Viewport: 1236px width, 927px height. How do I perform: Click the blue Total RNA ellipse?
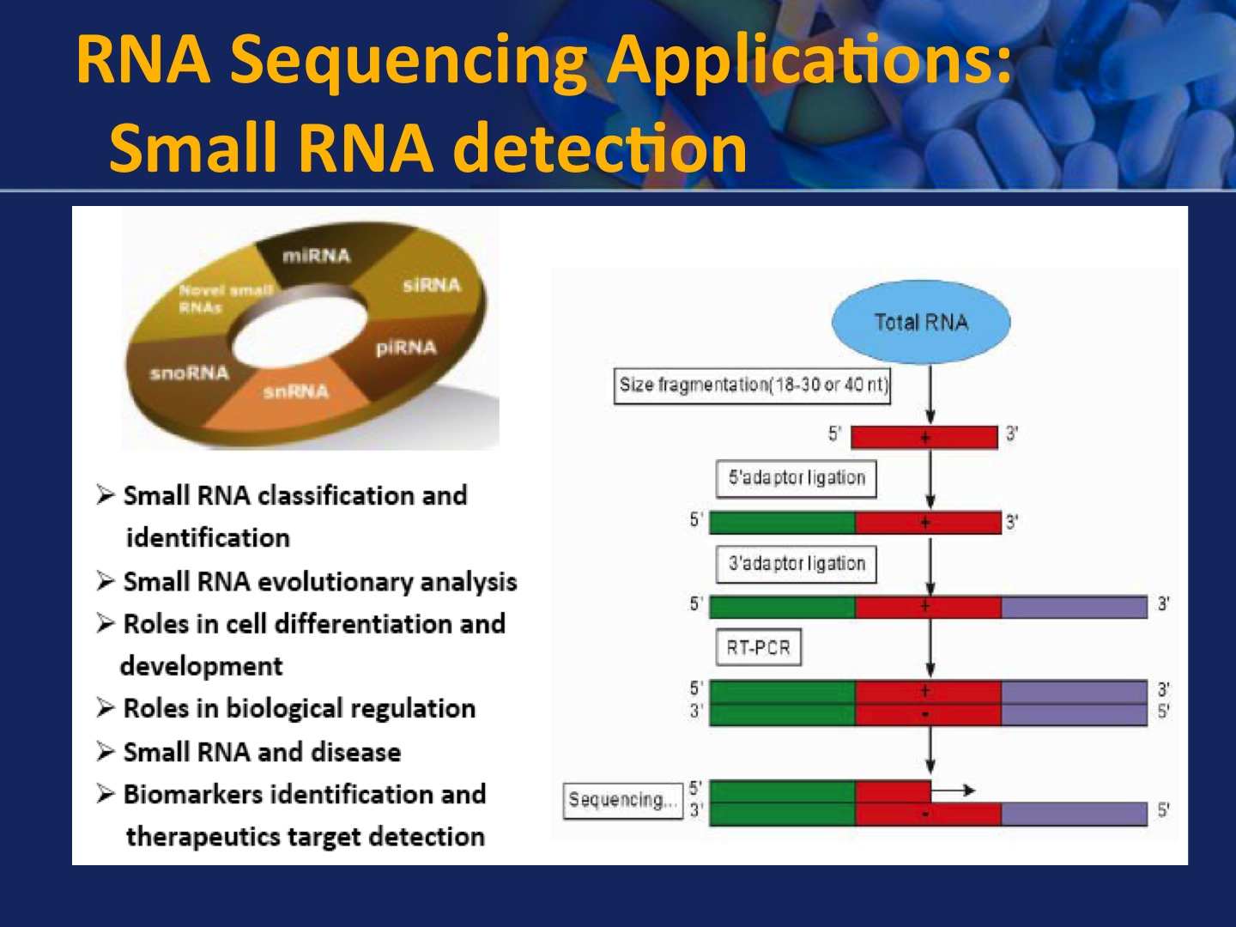pyautogui.click(x=921, y=322)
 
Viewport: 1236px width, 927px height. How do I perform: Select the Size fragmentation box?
pyautogui.click(x=754, y=385)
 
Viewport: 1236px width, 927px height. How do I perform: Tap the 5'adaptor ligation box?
pyautogui.click(x=797, y=478)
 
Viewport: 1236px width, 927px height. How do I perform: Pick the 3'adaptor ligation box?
pyautogui.click(x=797, y=564)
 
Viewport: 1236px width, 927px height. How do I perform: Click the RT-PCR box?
pyautogui.click(x=758, y=647)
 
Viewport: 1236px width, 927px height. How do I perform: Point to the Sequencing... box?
pyautogui.click(x=621, y=800)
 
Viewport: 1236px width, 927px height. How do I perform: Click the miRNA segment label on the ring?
pyautogui.click(x=316, y=256)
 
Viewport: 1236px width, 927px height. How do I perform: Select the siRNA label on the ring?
pyautogui.click(x=431, y=285)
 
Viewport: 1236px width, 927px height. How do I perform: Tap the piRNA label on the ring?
pyautogui.click(x=405, y=348)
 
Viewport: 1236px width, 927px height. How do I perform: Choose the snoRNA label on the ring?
pyautogui.click(x=190, y=373)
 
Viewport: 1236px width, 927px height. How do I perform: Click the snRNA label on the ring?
pyautogui.click(x=295, y=392)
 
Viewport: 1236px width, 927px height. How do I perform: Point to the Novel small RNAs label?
pyautogui.click(x=223, y=299)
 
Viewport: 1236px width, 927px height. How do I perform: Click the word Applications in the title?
pyautogui.click(x=809, y=60)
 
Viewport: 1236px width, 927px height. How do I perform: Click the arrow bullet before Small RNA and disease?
pyautogui.click(x=106, y=752)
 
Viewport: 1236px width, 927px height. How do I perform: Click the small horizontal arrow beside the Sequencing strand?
pyautogui.click(x=954, y=790)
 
